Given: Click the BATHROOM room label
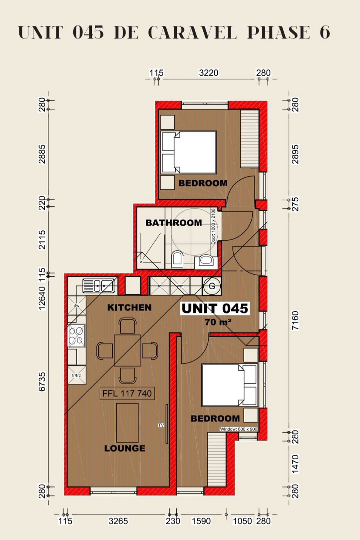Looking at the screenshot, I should pos(174,223).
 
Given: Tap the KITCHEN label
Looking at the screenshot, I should pos(129,307).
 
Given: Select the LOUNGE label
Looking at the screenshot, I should pos(125,448).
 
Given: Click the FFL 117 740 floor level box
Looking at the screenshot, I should pos(127,394).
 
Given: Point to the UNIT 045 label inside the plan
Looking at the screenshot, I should pos(215,308).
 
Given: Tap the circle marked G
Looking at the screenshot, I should pos(211,286).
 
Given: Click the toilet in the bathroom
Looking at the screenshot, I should pos(177,259).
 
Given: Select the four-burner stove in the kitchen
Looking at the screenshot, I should pos(76,335).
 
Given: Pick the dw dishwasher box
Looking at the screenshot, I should pos(76,305).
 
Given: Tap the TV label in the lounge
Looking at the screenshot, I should pos(161,425).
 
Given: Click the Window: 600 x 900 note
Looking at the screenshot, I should pos(238,429).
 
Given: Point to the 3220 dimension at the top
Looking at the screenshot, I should pos(208,73).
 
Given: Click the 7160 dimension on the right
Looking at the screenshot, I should pos(295,320).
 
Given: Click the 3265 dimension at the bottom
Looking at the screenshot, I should pos(118,521).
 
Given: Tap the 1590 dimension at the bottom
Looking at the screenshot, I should pos(201,521).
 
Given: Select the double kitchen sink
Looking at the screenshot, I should pos(98,286).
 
